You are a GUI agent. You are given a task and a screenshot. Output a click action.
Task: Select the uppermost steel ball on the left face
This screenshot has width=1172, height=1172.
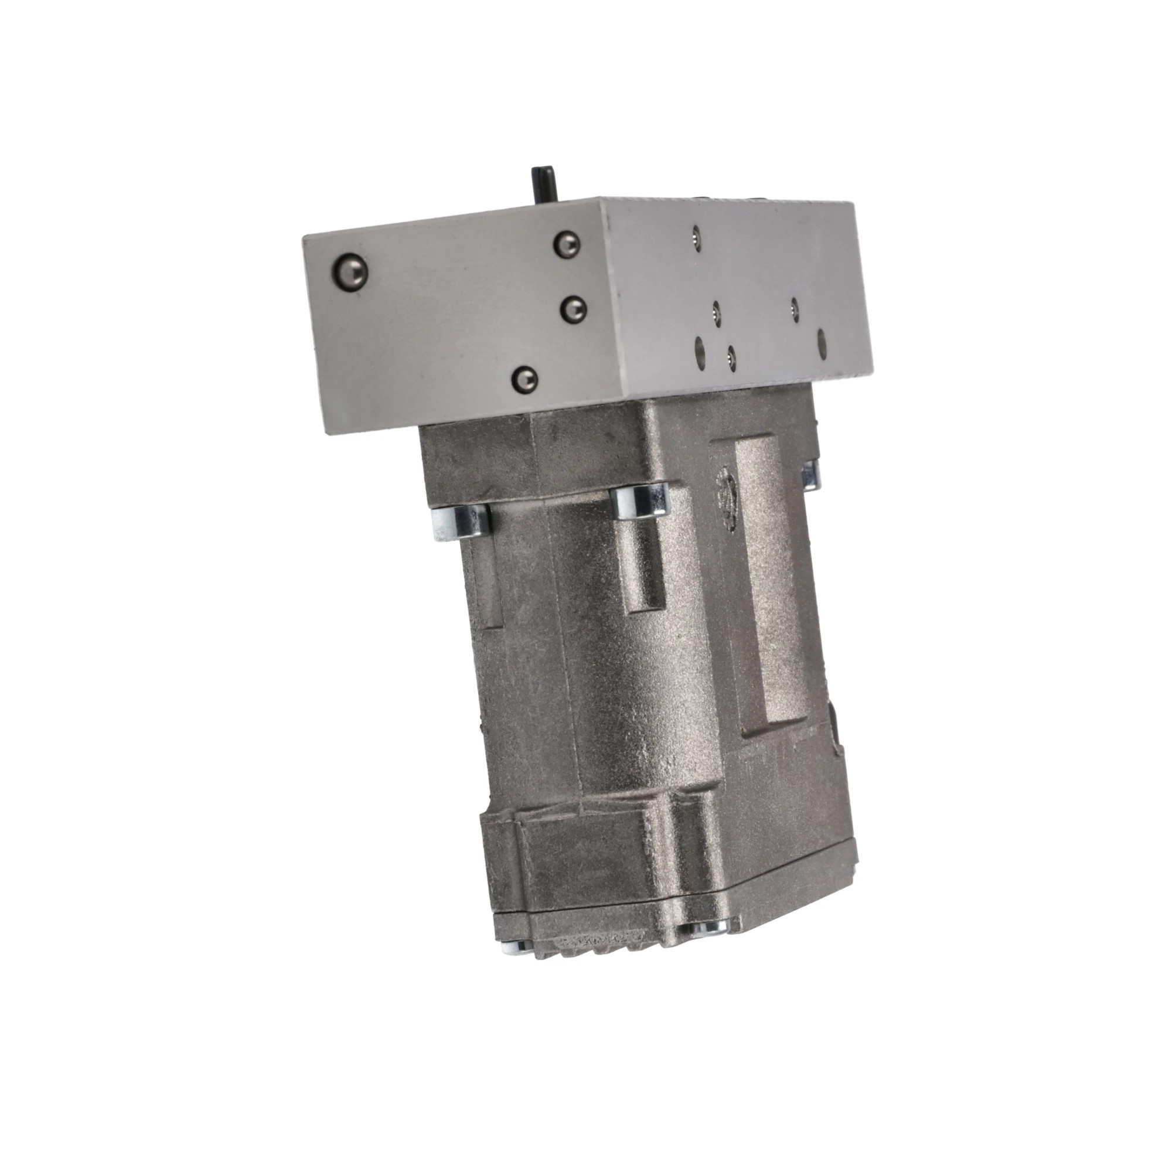tap(566, 244)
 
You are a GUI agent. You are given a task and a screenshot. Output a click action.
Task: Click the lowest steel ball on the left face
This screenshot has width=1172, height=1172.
tap(524, 380)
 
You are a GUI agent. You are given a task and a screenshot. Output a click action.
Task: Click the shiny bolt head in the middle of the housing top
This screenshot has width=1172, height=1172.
tap(641, 501)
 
